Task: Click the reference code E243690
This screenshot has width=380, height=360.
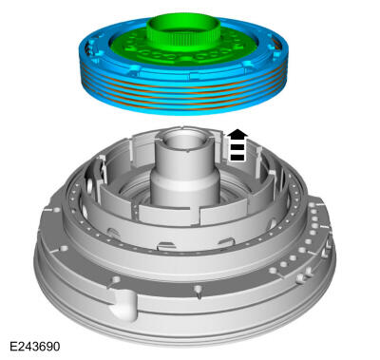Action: point(34,346)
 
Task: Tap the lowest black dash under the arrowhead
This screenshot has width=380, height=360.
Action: point(237,157)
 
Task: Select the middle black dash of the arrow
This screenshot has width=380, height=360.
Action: point(237,147)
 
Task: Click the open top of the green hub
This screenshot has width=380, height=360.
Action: point(183,25)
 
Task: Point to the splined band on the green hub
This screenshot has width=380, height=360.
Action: point(183,41)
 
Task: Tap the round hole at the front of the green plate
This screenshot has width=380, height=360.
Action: point(187,59)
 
